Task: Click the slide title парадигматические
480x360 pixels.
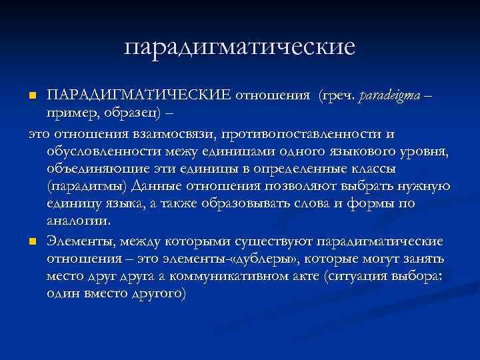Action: pyautogui.click(x=240, y=47)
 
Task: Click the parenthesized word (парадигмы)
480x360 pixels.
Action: pyautogui.click(x=88, y=186)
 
